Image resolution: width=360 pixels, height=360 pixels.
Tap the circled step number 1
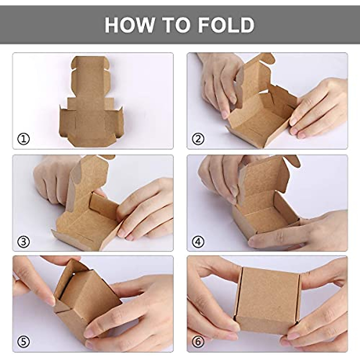pyautogui.click(x=24, y=139)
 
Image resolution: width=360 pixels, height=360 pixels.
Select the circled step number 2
pyautogui.click(x=198, y=139)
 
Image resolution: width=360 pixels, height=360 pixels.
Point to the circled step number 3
pyautogui.click(x=24, y=241)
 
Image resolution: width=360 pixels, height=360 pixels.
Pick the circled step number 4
pyautogui.click(x=198, y=241)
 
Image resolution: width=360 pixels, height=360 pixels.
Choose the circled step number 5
pyautogui.click(x=24, y=341)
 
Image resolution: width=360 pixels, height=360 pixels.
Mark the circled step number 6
pyautogui.click(x=198, y=341)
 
